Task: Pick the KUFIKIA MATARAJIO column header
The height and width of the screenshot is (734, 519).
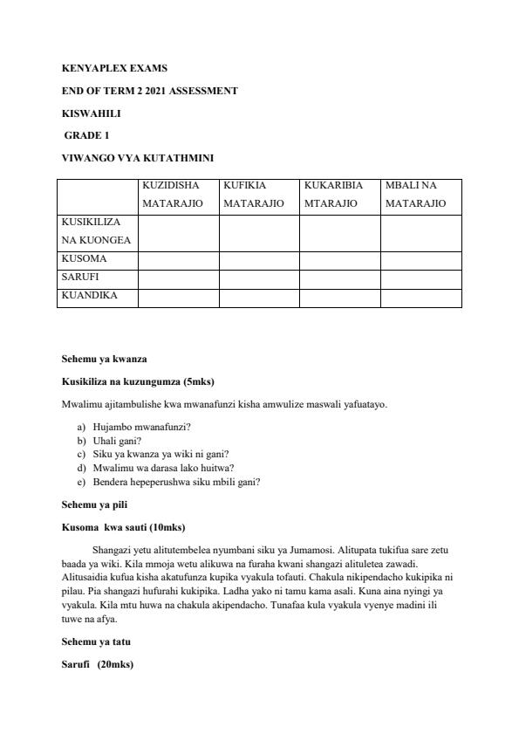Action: [x=253, y=195]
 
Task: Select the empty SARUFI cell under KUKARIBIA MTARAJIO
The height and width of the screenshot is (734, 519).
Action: [x=339, y=278]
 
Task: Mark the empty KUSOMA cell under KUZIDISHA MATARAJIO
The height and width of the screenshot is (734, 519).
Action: [x=178, y=260]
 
